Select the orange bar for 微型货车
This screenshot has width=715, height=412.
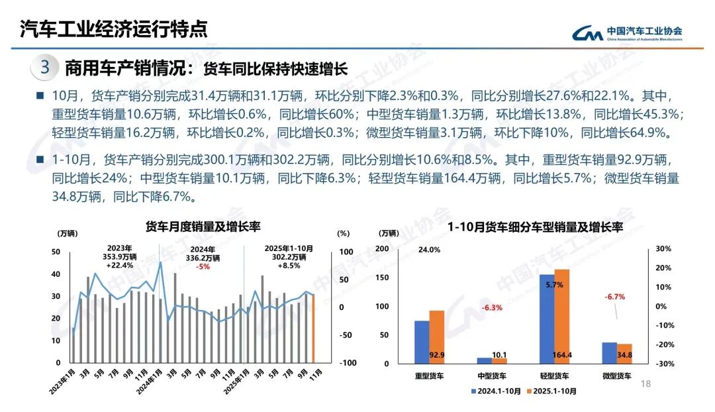[624, 354]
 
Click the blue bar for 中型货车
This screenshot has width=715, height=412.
[485, 360]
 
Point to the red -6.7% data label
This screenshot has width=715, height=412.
[614, 296]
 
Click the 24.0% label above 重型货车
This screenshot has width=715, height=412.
[429, 250]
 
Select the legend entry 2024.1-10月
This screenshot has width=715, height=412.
[496, 391]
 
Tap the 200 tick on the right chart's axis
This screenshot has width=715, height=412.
[382, 248]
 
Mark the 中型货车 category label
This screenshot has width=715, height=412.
[491, 376]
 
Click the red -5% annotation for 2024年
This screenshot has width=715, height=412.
[203, 266]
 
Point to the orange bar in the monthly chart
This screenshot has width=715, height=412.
[312, 329]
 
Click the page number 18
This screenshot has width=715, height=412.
[647, 384]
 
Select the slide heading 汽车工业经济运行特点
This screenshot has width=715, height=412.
[113, 28]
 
